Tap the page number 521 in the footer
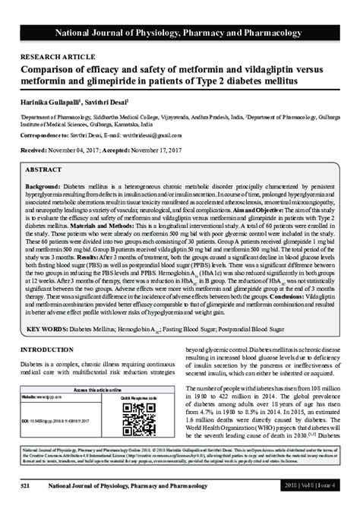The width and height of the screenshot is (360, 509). tap(25, 485)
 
